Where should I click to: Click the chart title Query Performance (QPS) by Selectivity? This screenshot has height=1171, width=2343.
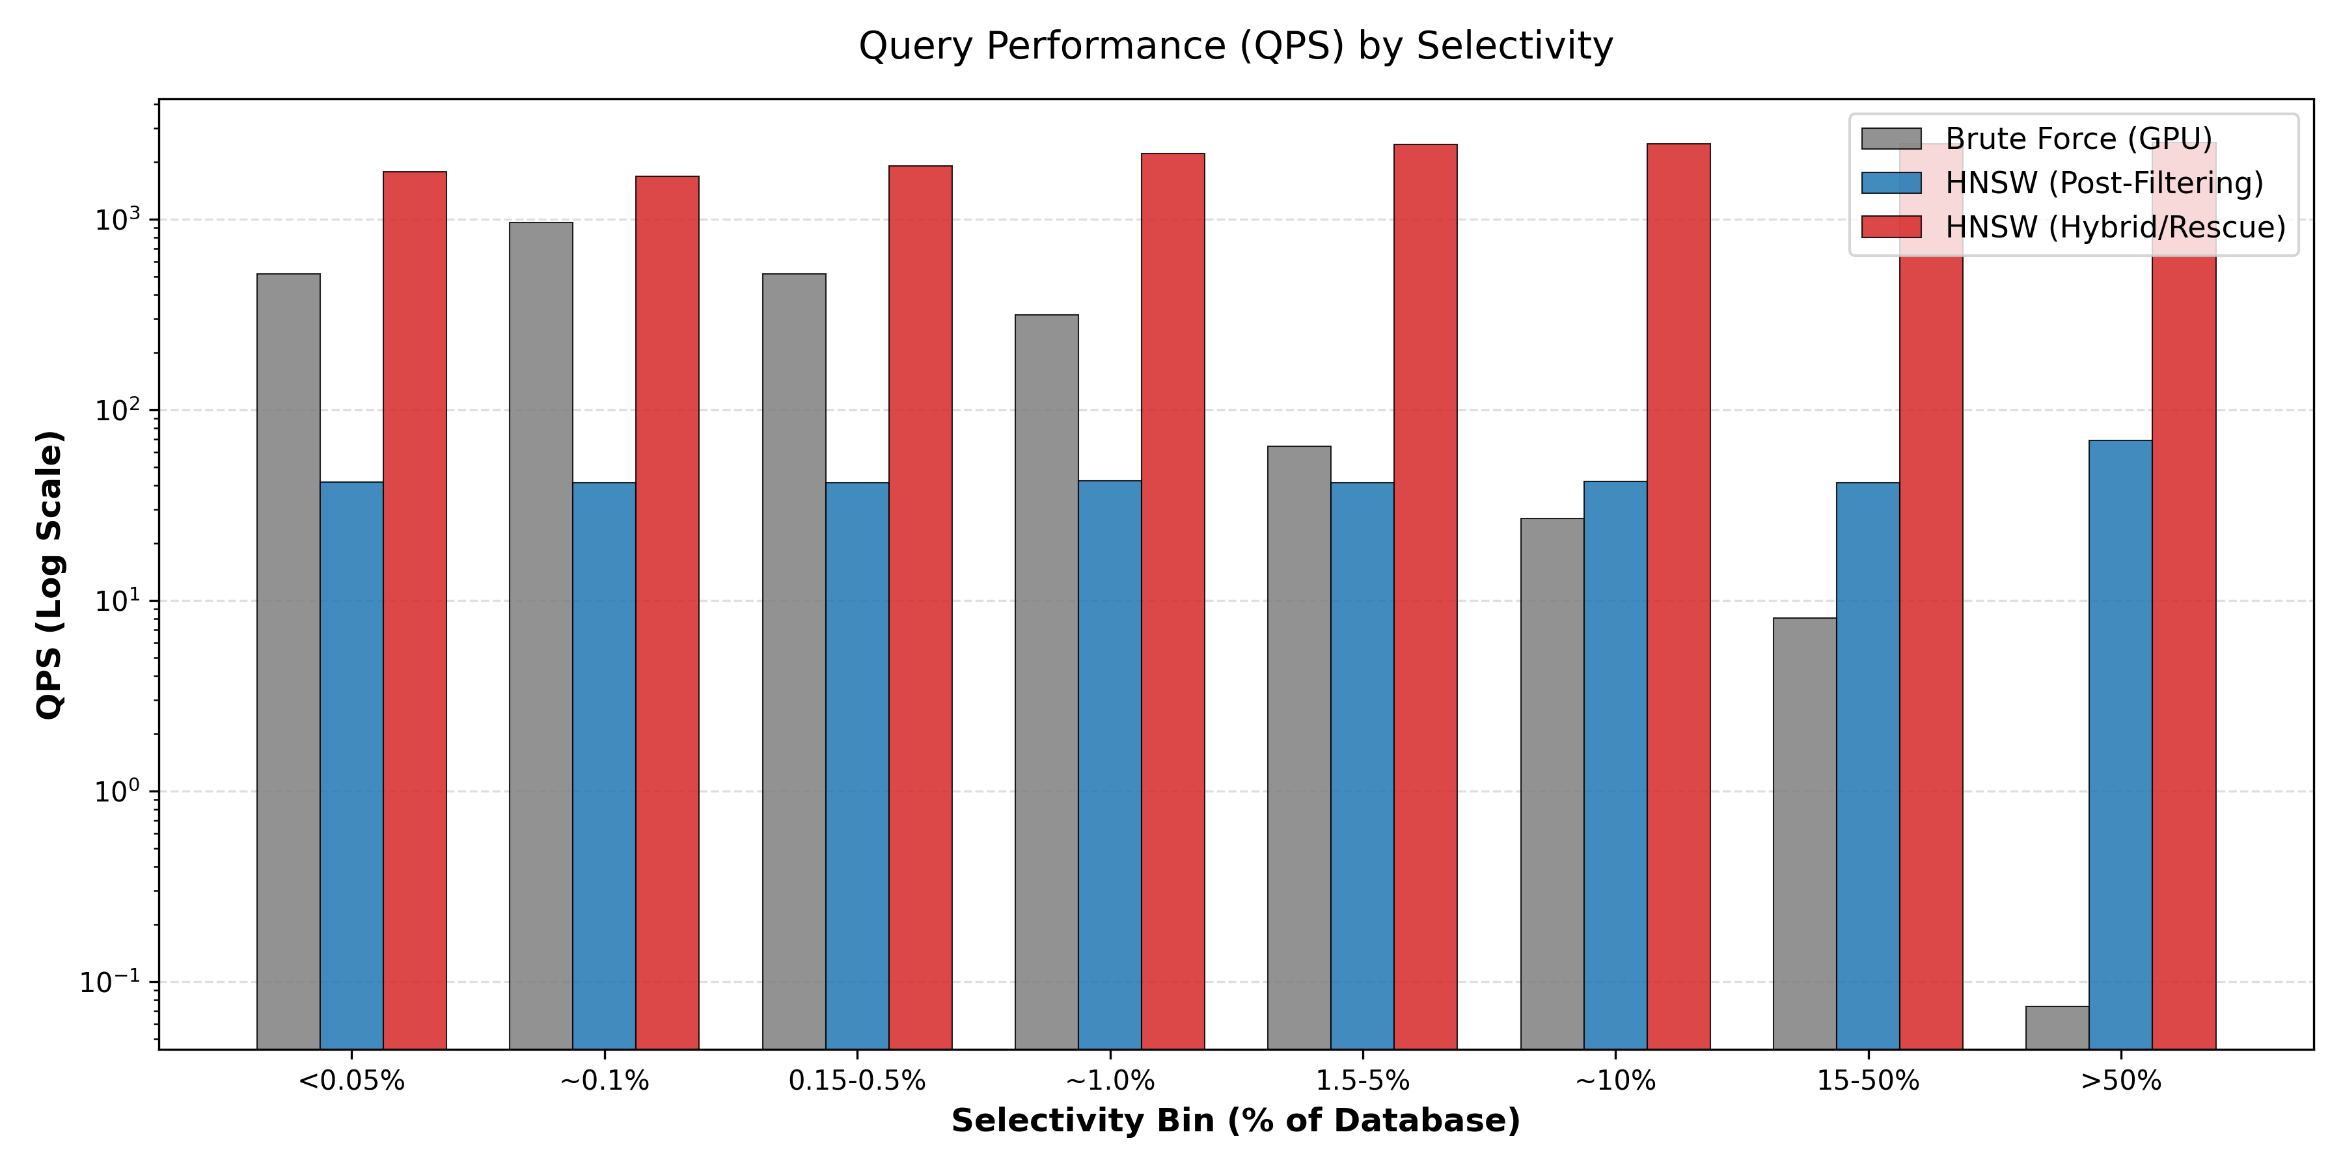1235,46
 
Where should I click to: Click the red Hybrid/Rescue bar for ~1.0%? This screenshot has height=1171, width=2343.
1172,600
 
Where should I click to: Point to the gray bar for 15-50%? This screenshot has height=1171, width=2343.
1805,833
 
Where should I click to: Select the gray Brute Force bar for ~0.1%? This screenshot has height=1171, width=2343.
541,636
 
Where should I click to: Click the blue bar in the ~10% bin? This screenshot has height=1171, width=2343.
1615,764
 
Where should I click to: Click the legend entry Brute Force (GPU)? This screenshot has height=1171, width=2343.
2078,139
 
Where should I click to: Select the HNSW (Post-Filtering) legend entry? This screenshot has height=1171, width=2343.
2103,183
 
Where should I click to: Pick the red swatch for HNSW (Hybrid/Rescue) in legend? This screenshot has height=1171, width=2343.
1891,227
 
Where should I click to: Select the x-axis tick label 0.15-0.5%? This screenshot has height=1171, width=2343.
856,1081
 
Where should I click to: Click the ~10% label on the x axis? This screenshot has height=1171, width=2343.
1615,1081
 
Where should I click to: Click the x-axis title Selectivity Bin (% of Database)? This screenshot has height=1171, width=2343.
1235,1121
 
